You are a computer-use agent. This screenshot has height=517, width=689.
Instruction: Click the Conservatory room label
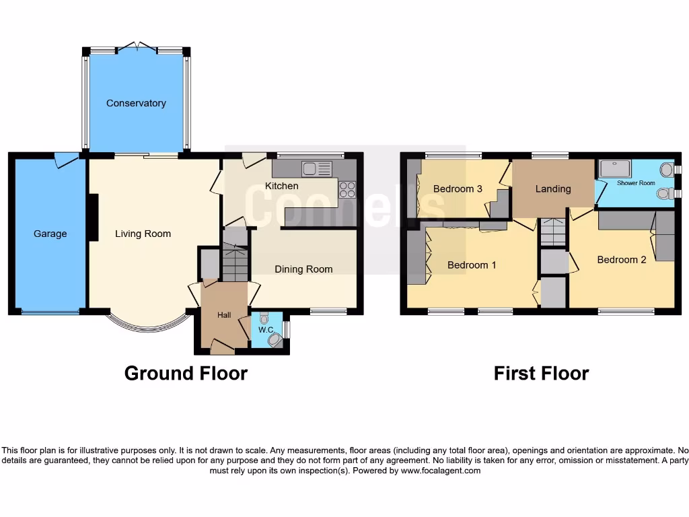[x=136, y=103]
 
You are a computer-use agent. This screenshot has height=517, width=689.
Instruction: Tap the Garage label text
[x=50, y=234]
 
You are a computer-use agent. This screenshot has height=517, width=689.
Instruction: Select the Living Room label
[x=143, y=234]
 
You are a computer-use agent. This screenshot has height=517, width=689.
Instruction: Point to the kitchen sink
[x=317, y=168]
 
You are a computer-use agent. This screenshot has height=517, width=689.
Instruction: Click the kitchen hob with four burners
[x=347, y=190]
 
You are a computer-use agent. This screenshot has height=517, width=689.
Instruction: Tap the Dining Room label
[x=303, y=269]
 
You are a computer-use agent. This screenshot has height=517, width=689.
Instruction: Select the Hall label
[x=224, y=314]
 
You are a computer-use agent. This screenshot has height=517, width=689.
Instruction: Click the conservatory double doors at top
[x=137, y=48]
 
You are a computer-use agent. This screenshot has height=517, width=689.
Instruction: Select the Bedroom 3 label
[x=458, y=188]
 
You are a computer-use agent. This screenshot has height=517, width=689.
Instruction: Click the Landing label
[x=552, y=188]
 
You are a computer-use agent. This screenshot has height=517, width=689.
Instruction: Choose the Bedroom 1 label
[x=472, y=265]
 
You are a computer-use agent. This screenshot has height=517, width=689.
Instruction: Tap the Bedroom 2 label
[x=621, y=259]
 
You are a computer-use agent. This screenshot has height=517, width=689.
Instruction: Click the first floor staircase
[x=552, y=233]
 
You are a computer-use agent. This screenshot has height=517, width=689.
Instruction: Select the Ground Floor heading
[x=186, y=373]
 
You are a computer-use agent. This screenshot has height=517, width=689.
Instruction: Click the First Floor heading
[x=541, y=373]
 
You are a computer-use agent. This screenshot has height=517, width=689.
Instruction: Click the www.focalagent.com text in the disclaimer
[x=441, y=471]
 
